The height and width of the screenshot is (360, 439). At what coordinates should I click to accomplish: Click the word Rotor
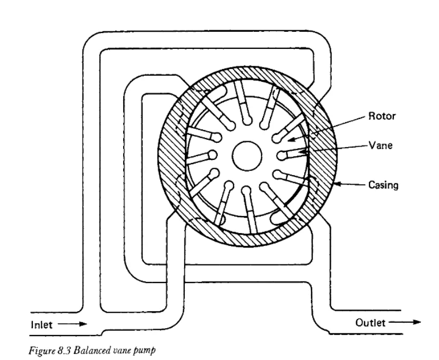click(382, 116)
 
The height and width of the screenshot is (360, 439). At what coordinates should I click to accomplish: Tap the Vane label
click(381, 145)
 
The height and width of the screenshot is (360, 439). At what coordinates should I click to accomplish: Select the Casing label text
click(383, 185)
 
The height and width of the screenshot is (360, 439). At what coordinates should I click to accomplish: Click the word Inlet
click(41, 325)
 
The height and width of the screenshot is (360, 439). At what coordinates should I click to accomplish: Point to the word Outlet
click(371, 323)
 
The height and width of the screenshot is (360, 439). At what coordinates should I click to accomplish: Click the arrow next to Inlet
click(73, 324)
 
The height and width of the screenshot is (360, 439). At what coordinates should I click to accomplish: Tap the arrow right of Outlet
click(405, 322)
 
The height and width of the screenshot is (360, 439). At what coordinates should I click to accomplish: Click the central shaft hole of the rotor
click(247, 156)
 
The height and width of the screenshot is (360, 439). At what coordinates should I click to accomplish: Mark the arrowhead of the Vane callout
click(302, 151)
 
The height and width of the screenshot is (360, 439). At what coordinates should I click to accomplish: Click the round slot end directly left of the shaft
click(212, 155)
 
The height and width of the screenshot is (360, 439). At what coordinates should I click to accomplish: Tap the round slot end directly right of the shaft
click(281, 156)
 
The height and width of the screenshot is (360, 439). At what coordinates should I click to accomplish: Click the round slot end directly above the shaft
click(247, 121)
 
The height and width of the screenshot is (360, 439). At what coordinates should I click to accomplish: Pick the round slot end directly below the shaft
click(246, 191)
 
